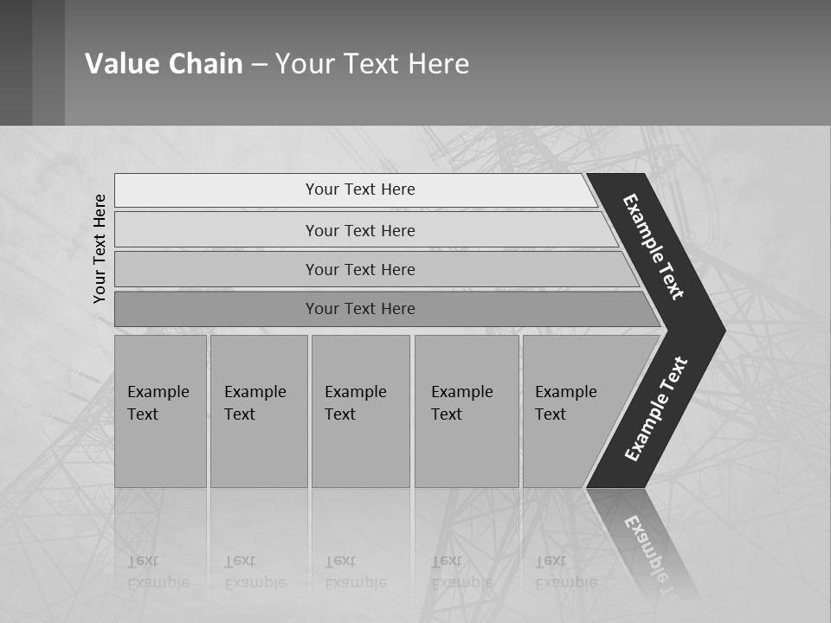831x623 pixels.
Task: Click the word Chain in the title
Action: point(205,64)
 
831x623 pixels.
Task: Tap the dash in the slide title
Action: point(259,65)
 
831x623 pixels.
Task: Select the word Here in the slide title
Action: point(438,64)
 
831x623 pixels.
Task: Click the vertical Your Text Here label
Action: point(100,248)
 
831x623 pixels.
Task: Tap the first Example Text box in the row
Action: point(160,411)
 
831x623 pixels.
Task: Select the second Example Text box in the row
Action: point(259,411)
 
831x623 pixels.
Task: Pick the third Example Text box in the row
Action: point(360,411)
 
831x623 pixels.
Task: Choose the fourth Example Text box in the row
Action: point(467,411)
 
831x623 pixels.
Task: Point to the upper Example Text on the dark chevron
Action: point(654,247)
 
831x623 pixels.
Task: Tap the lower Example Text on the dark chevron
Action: point(656,408)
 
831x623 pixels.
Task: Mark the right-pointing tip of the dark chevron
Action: point(722,331)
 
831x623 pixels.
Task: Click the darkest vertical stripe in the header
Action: point(16,62)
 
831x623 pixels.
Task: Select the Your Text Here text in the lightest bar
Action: point(360,189)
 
